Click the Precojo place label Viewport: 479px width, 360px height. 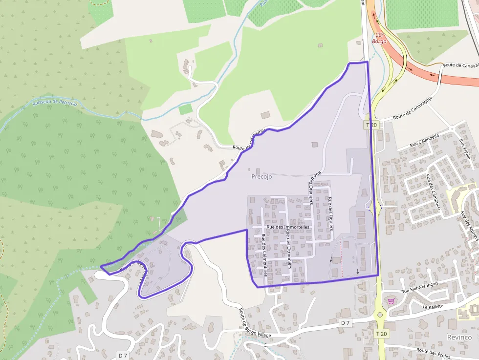261,177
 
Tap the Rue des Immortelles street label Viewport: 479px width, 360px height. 288,227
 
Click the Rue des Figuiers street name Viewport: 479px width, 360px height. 331,214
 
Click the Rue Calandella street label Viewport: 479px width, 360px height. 424,140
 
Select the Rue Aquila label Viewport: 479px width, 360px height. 465,148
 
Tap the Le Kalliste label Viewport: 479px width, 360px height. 433,306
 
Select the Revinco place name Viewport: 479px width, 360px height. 459,338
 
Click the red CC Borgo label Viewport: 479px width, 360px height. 379,38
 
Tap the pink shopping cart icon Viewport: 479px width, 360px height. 391,300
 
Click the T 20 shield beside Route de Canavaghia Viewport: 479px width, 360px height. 371,125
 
